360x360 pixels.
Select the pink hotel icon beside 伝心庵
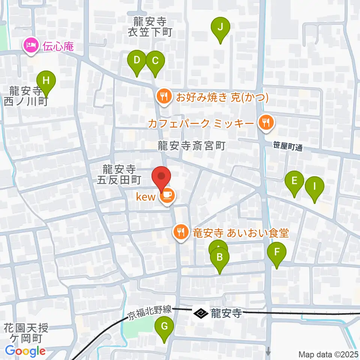click(30, 46)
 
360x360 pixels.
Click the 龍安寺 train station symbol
click(201, 313)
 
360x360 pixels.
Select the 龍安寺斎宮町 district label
click(191, 145)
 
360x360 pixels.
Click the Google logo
click(25, 351)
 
